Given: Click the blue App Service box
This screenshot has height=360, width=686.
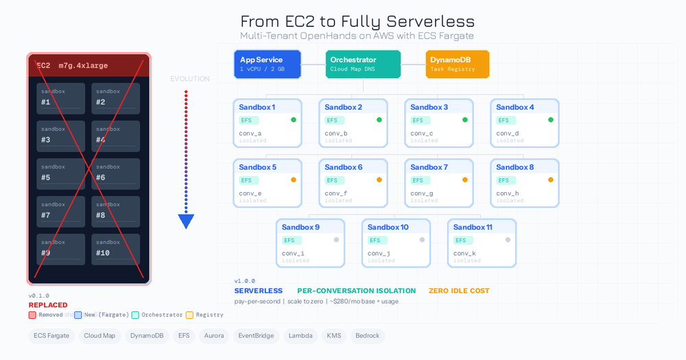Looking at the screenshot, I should tap(267, 64).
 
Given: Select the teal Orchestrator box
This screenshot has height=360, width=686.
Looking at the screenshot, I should tap(363, 64).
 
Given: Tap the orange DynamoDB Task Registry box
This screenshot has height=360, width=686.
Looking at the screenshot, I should tap(458, 64).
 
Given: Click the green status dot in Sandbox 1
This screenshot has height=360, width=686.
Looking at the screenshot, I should tap(293, 120).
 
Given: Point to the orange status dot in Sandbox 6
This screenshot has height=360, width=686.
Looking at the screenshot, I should tap(379, 180).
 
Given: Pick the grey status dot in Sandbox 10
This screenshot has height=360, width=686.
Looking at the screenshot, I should tap(422, 240).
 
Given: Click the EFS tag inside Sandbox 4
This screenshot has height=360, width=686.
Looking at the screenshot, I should tap(504, 120).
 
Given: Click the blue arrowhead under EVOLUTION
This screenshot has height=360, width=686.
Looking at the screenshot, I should tap(186, 221).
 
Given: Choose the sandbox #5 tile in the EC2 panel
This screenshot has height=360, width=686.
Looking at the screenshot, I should tap(61, 174).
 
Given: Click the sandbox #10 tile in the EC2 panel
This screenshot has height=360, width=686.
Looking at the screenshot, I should tap(115, 250).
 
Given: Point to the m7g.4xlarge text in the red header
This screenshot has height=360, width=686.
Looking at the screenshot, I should tap(82, 66).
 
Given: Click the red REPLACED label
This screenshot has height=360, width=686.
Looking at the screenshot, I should tap(48, 305).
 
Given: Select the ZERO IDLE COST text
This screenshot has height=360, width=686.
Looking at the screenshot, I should tap(459, 291).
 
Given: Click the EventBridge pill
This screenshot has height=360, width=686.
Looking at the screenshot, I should tap(255, 336).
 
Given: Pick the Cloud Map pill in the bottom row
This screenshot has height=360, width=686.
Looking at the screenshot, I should tap(99, 336).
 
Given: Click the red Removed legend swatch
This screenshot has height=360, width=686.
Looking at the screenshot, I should tap(32, 315).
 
